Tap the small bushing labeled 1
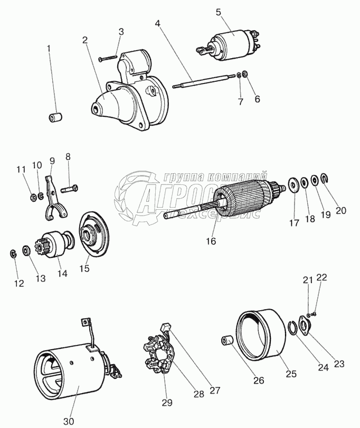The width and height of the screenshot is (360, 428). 54,117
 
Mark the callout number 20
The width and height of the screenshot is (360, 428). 341,210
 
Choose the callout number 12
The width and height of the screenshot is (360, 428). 19,284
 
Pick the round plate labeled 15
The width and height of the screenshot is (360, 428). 92,233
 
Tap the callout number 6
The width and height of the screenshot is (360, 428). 257,98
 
